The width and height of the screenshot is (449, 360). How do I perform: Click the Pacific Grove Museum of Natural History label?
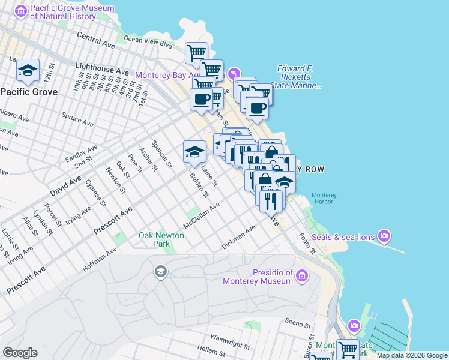tap(63, 12)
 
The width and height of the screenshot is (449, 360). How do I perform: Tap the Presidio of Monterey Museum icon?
tap(302, 276)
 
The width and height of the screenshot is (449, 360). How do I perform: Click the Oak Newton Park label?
tap(161, 240)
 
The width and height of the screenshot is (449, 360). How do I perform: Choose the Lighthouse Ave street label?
tap(101, 67)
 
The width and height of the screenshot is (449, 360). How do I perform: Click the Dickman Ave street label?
tap(238, 237)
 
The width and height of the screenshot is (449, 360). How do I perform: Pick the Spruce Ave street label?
tap(77, 120)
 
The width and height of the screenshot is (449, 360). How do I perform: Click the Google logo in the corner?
tap(20, 352)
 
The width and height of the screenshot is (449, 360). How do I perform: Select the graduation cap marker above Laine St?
tap(194, 152)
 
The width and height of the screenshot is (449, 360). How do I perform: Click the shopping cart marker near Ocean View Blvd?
tap(196, 53)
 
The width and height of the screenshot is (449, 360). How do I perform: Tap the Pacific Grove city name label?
tap(29, 92)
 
